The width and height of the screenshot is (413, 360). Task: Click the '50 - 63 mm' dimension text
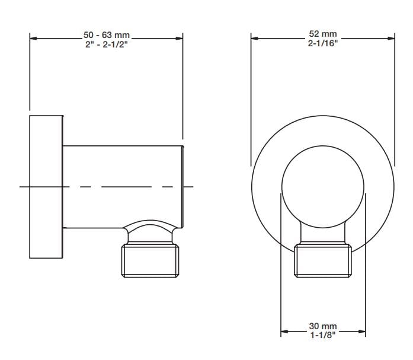[107, 36]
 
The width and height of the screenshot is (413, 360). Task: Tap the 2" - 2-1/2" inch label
[107, 45]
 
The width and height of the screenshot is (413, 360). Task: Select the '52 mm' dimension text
[322, 34]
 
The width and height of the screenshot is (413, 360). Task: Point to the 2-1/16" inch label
[322, 44]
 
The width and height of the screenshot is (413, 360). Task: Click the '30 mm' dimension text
[322, 327]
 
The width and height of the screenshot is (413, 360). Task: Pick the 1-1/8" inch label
[322, 336]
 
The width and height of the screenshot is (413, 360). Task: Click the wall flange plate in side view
[46, 186]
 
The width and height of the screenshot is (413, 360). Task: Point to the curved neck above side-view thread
[151, 232]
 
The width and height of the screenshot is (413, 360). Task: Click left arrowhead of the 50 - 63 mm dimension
[33, 39]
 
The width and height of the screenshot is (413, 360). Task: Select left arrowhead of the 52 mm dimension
[255, 39]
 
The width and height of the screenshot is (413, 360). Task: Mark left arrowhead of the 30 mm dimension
[284, 331]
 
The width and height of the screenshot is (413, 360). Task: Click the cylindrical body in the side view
[121, 186]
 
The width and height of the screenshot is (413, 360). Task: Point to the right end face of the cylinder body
[184, 186]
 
